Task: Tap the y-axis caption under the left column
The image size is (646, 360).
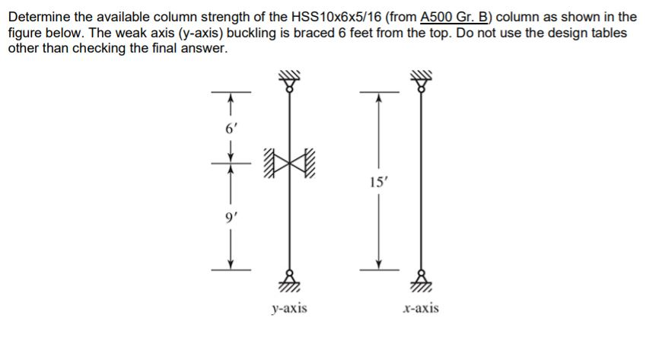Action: click(289, 308)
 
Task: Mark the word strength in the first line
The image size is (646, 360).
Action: click(230, 16)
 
